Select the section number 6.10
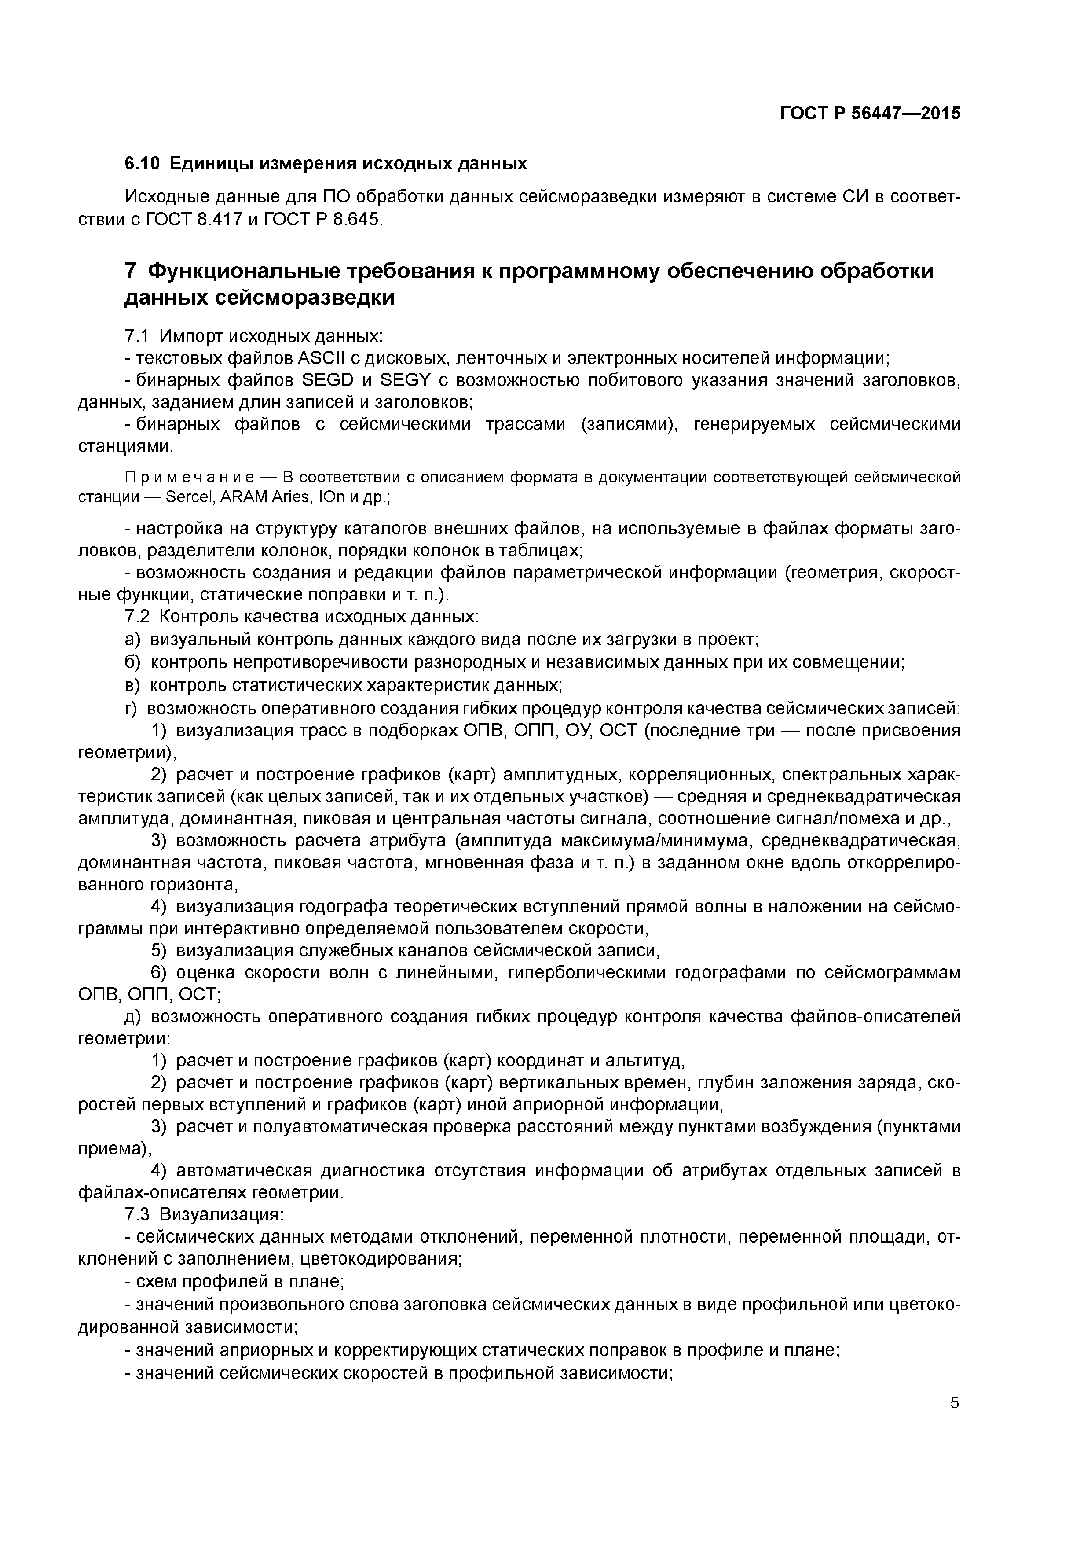point(143,163)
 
